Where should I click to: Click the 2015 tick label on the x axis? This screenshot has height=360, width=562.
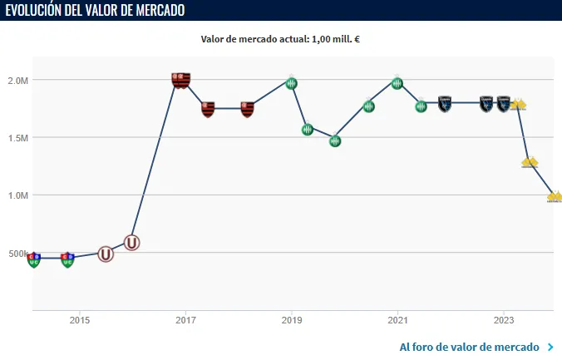(80, 320)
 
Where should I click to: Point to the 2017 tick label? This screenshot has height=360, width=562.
(185, 320)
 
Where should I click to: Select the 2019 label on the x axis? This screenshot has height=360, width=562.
(291, 320)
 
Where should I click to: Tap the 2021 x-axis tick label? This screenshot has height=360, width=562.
(397, 320)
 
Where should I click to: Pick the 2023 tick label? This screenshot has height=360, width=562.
(504, 320)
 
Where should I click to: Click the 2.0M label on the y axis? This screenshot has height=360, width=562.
(17, 81)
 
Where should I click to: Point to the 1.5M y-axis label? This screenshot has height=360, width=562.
(17, 138)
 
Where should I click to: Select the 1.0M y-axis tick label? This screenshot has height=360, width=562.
(17, 195)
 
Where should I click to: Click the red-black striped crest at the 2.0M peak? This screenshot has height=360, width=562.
(181, 80)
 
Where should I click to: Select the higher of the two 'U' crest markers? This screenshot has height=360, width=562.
(131, 243)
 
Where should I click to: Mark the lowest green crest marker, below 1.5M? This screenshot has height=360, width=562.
(335, 141)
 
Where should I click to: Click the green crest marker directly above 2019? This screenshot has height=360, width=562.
(291, 83)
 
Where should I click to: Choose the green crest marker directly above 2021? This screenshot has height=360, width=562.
(397, 83)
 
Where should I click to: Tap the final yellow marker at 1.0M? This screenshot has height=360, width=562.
(555, 197)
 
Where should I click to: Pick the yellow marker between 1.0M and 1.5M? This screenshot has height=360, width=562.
(530, 162)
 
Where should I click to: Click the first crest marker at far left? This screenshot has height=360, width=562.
(33, 260)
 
